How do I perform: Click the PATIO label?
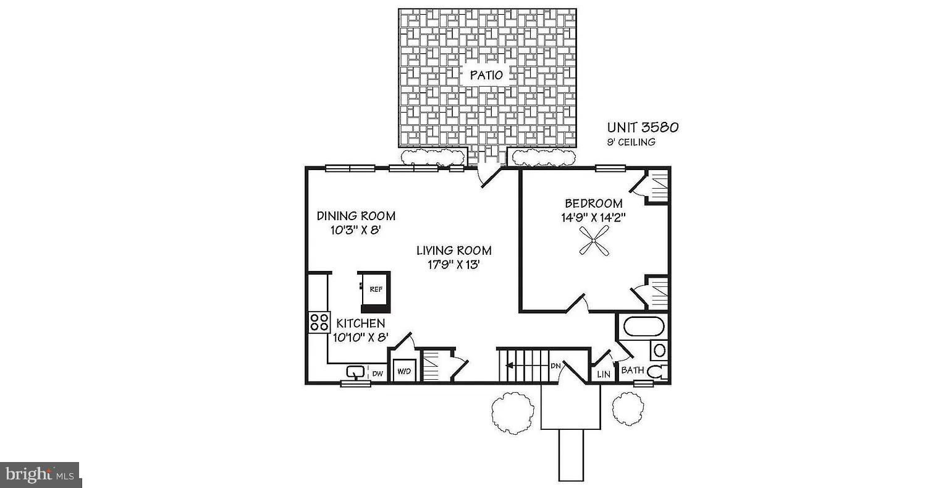coord(486,75)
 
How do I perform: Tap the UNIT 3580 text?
coord(643,127)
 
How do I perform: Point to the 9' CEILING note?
coord(631,142)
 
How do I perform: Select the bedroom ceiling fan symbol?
coord(594,241)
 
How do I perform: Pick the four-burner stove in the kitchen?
coord(319,322)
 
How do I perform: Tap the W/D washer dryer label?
coord(404,371)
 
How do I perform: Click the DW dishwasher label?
coord(377,374)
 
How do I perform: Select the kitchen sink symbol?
coord(355,372)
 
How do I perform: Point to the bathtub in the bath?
coord(644,327)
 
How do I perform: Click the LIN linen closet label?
coord(603,374)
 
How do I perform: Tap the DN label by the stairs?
coord(555,366)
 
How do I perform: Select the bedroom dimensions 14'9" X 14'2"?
coord(594,218)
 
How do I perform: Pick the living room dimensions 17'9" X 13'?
coord(453,265)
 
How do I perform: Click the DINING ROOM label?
coord(356,216)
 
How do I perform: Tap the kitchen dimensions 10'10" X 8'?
coord(361,338)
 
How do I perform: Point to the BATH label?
coord(633,370)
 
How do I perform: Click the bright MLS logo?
coord(40,474)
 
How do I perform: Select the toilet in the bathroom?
coord(658,371)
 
